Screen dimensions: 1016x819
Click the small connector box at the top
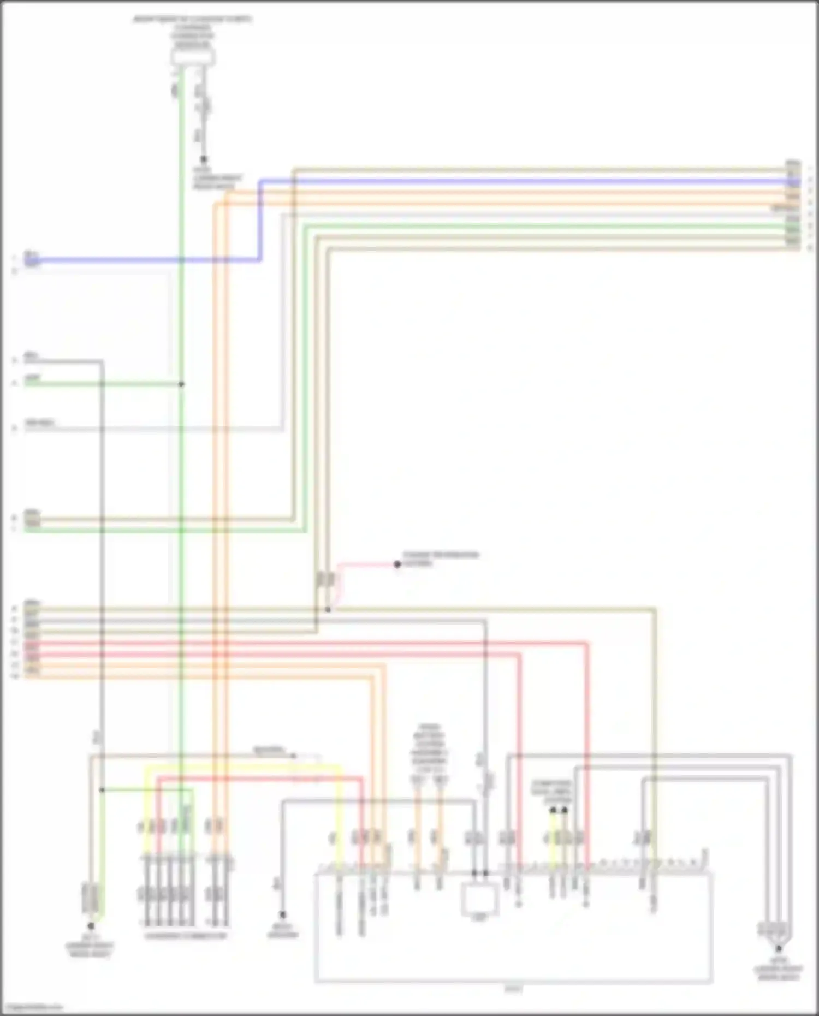[x=193, y=57]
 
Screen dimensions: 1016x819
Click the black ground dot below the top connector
[x=204, y=159]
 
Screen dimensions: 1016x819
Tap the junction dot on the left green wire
[x=181, y=384]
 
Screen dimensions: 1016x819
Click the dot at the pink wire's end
[x=397, y=565]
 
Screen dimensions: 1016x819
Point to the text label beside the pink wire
[x=440, y=558]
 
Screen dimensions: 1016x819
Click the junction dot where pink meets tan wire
[x=328, y=609]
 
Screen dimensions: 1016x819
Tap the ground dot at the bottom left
[x=91, y=926]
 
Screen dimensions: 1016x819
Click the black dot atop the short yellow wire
[x=553, y=810]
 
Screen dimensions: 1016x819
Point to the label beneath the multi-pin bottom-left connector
[x=186, y=936]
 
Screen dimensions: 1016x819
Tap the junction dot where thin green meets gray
[x=102, y=790]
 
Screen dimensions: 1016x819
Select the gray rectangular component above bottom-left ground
[x=91, y=898]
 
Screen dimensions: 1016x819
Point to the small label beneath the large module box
[x=514, y=989]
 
